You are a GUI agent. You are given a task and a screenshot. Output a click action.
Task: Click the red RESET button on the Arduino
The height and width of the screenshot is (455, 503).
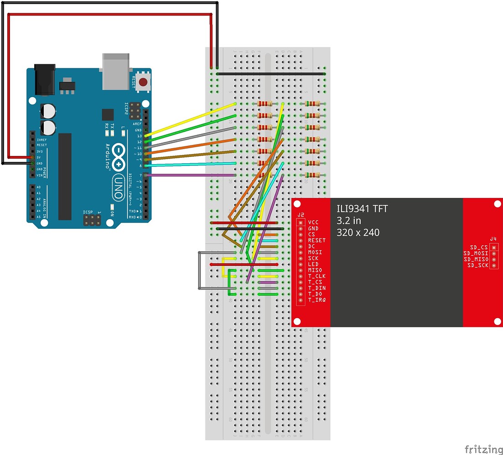pos(143,83)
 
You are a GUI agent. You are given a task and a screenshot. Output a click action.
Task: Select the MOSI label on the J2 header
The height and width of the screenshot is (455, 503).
pos(314,252)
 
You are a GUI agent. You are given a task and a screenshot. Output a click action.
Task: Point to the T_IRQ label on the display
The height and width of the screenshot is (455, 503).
pos(316,300)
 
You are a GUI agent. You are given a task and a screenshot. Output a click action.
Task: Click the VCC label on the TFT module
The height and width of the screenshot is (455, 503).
pos(313,222)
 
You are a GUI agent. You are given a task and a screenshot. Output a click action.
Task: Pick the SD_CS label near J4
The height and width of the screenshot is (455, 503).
pos(479,248)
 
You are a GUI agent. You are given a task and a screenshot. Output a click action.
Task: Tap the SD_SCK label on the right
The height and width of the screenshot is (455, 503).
pos(477,265)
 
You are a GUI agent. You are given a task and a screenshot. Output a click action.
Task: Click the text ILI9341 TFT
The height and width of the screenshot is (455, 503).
pos(362,209)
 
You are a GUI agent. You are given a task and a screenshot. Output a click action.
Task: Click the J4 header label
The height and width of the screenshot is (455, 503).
pos(493,239)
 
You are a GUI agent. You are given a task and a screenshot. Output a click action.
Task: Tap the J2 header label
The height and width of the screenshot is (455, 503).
pos(300,215)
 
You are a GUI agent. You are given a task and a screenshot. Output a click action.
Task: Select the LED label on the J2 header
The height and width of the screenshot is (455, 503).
pos(313,264)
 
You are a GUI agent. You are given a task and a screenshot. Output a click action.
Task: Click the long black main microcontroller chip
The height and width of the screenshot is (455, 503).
pos(65,176)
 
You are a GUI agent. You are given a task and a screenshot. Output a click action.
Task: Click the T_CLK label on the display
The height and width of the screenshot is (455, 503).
pos(316,276)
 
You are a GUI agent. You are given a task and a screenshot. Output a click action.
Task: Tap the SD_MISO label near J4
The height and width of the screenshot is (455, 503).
pos(476,259)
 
